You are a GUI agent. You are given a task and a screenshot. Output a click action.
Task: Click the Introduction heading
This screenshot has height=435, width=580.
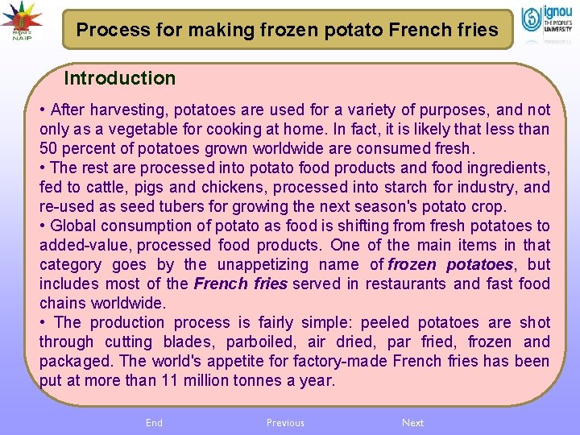[x=119, y=78]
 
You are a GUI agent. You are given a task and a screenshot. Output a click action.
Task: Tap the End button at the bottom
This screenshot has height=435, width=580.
[x=154, y=423]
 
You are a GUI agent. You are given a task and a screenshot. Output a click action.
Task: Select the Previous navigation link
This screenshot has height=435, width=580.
[x=285, y=423]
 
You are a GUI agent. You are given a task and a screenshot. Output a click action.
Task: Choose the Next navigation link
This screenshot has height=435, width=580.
[x=412, y=423]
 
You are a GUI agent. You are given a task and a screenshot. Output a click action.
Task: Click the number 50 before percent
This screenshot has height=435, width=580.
[x=49, y=148]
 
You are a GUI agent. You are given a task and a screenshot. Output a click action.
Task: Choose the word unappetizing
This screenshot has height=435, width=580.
[x=263, y=264]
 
